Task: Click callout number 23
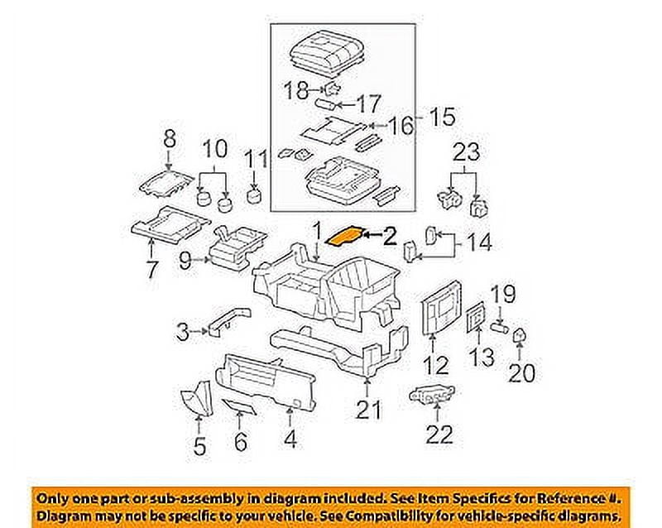click(465, 151)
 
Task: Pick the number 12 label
click(436, 364)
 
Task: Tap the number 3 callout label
click(183, 333)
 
